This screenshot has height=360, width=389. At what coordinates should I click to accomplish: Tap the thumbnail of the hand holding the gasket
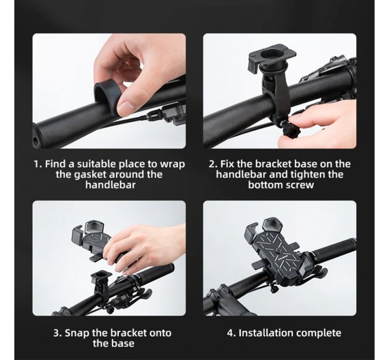[x=109, y=91]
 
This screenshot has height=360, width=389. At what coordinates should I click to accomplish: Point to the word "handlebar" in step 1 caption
[x=111, y=185]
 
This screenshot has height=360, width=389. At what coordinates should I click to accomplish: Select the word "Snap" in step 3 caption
[x=77, y=333]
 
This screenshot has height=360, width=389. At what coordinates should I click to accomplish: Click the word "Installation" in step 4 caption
[x=265, y=333]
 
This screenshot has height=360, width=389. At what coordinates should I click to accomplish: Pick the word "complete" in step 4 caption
[x=318, y=333]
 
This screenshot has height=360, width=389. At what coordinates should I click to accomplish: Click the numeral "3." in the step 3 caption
[x=57, y=333]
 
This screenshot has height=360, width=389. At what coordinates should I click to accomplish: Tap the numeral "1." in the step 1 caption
[x=38, y=164]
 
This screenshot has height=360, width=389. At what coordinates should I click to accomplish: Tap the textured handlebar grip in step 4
[x=333, y=247]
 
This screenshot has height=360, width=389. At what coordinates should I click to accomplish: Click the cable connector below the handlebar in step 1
[x=154, y=115]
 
